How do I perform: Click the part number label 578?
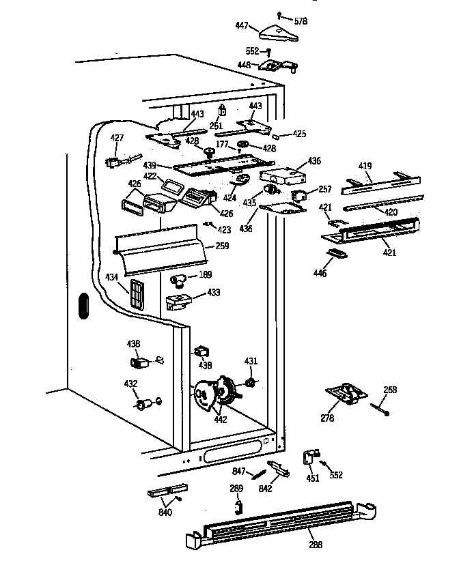301,21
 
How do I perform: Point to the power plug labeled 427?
113,163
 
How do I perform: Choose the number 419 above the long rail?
367,165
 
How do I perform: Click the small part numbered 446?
336,252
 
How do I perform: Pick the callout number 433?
213,292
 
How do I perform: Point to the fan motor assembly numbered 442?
217,394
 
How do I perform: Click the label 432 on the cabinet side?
130,384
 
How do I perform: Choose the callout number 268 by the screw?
389,390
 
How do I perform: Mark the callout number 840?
165,512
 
